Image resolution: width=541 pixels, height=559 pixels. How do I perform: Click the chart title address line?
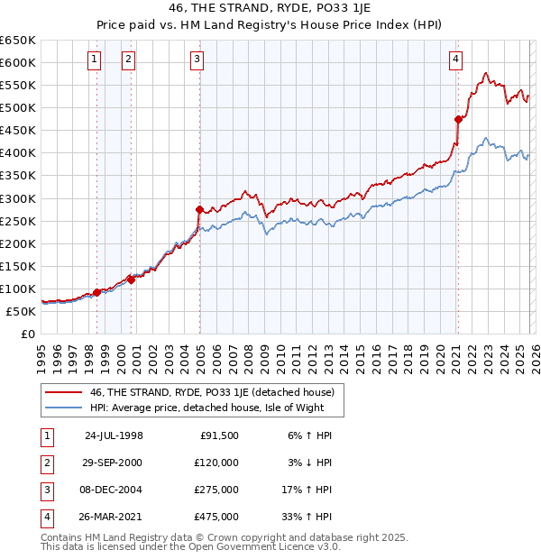click(270, 9)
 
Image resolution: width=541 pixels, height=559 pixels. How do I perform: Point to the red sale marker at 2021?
click(458, 118)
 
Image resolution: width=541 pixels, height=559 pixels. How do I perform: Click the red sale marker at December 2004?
click(199, 209)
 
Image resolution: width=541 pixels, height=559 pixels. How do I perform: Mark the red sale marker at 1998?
click(97, 292)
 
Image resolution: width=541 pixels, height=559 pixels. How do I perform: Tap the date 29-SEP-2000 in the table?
click(114, 462)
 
